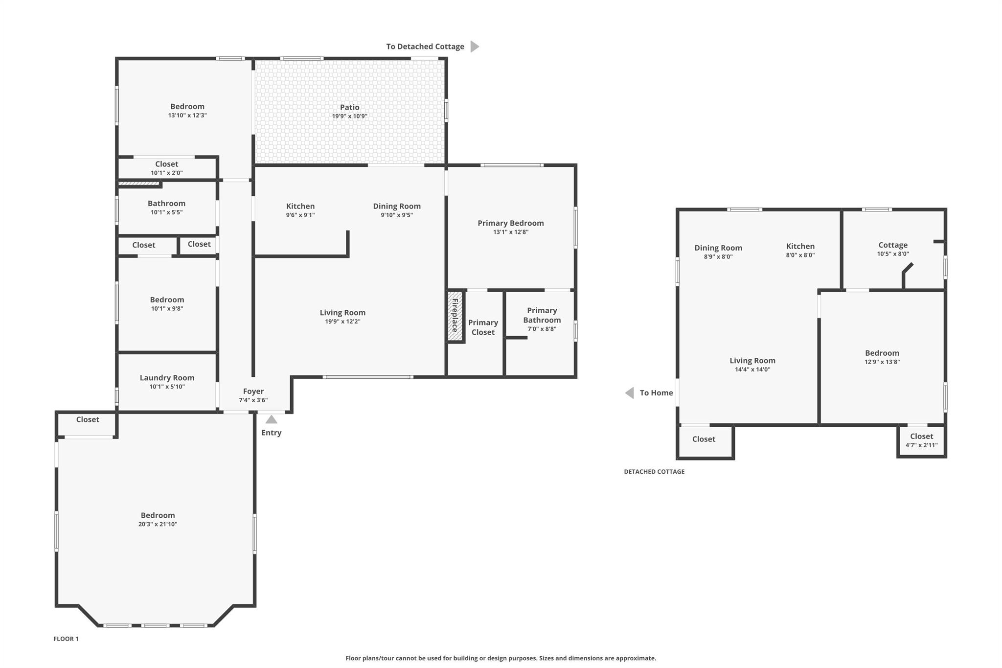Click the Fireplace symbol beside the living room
(x=455, y=316)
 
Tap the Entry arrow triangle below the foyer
(x=271, y=419)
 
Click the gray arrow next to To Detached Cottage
(x=474, y=46)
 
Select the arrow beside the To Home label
(x=630, y=393)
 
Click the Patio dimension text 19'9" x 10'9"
(x=349, y=116)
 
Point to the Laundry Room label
(x=167, y=378)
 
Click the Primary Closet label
(x=483, y=327)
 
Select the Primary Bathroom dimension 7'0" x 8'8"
(x=542, y=329)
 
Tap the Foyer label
(x=253, y=392)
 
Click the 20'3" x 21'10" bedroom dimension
(x=158, y=524)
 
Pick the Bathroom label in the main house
(x=166, y=204)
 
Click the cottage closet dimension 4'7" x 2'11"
(x=921, y=445)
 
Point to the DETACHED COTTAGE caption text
(x=654, y=472)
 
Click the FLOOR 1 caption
(x=66, y=639)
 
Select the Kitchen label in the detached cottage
(x=800, y=246)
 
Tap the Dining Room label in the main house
(x=396, y=207)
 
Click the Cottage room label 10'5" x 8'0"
(x=892, y=245)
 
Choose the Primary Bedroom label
(x=510, y=223)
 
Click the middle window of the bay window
(x=155, y=625)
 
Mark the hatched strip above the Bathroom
(x=139, y=184)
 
